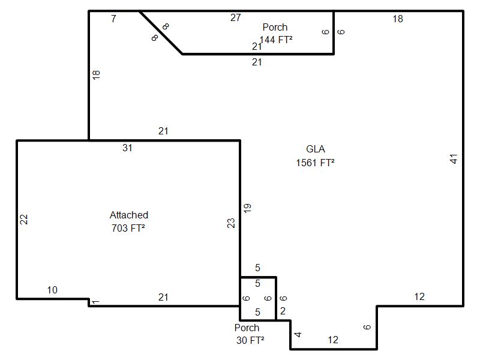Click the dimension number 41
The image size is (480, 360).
(454, 159)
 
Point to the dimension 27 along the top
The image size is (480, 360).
(235, 18)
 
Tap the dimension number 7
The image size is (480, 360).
(113, 19)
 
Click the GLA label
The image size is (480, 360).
(316, 149)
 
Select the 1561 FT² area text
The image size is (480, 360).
(315, 163)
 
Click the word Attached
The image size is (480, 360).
(129, 215)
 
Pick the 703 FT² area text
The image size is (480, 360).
(128, 228)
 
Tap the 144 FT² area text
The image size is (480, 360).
(276, 40)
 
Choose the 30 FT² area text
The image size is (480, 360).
(250, 340)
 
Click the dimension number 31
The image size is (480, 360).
(127, 148)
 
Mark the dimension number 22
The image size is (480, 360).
(24, 219)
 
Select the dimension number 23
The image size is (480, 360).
(231, 223)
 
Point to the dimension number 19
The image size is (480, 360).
(247, 208)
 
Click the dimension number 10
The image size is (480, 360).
(52, 290)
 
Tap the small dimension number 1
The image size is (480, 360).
(96, 302)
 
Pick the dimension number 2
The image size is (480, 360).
(283, 311)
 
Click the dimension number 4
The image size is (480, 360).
(298, 334)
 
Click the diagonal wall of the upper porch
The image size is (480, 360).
(161, 32)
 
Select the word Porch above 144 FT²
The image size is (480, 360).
(275, 27)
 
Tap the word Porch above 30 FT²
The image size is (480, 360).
(247, 328)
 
